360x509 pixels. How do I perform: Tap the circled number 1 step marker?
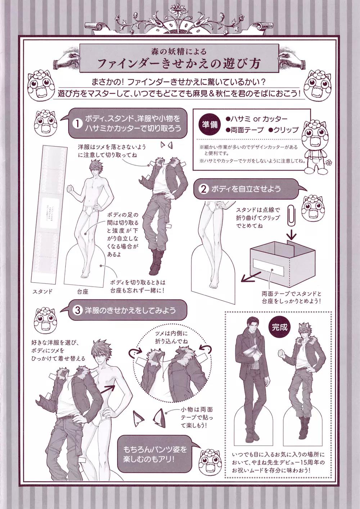77,123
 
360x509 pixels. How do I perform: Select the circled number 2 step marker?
203,189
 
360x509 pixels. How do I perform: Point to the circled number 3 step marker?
78,310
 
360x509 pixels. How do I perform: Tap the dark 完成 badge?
280,327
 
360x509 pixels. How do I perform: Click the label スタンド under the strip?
42,291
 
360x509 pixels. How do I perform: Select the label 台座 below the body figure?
82,292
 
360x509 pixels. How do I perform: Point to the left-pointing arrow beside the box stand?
249,277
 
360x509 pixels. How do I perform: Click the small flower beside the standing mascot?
329,162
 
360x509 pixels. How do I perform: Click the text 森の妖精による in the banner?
179,51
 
